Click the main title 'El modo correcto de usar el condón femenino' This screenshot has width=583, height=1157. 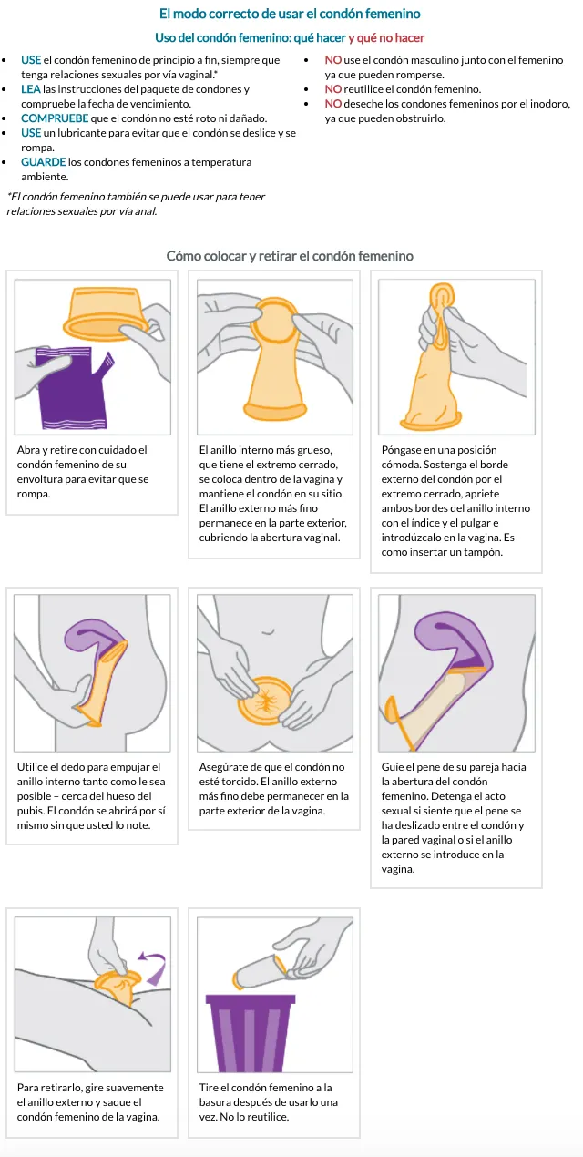[290, 14]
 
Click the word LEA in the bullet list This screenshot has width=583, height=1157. [31, 89]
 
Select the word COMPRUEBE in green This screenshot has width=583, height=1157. [55, 118]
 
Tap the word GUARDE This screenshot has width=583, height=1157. [44, 162]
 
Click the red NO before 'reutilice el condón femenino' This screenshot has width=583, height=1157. [333, 89]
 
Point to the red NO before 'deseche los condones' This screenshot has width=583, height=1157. [333, 104]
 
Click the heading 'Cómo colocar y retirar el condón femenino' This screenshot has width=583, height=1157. [290, 256]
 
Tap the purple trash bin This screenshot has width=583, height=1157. [251, 1032]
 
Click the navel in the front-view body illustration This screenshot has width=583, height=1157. [268, 631]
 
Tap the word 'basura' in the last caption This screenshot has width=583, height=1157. [218, 1102]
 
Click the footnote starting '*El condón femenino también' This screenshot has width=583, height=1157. [136, 204]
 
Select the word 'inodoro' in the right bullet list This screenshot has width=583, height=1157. [550, 104]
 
